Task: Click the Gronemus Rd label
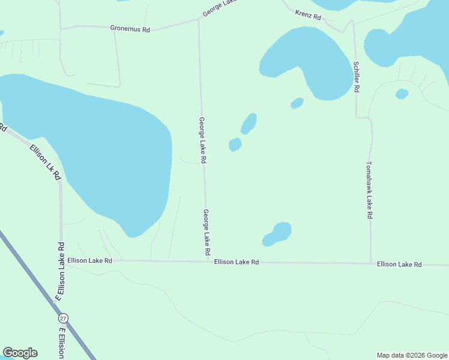130,28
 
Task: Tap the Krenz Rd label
309,15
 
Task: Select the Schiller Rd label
357,76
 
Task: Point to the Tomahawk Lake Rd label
370,190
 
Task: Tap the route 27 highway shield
64,317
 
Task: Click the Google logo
20,353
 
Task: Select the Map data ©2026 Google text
412,355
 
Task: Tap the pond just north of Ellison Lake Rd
278,233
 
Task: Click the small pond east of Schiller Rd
402,94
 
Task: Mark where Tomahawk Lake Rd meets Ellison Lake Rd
370,263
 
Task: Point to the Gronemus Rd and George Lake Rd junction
199,20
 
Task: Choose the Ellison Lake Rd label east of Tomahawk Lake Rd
399,264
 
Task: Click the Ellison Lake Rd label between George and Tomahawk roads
237,262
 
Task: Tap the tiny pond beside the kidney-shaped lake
297,103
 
